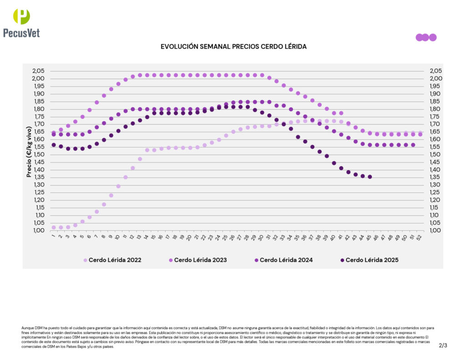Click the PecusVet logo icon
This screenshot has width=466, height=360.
click(21, 16)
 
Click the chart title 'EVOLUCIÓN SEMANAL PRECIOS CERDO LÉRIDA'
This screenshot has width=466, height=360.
click(233, 47)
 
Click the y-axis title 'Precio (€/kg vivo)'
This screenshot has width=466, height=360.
click(29, 151)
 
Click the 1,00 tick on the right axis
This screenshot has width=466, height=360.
click(436, 230)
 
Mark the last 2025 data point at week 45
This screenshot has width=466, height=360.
click(370, 177)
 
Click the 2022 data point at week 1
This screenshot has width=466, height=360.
click(54, 227)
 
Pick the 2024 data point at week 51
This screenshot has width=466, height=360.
click(413, 145)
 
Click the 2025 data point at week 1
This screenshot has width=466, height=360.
click(54, 145)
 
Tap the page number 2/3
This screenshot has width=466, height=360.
click(443, 345)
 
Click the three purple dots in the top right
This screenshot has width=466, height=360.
click(426, 37)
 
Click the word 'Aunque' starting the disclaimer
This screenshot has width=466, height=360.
click(27, 328)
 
